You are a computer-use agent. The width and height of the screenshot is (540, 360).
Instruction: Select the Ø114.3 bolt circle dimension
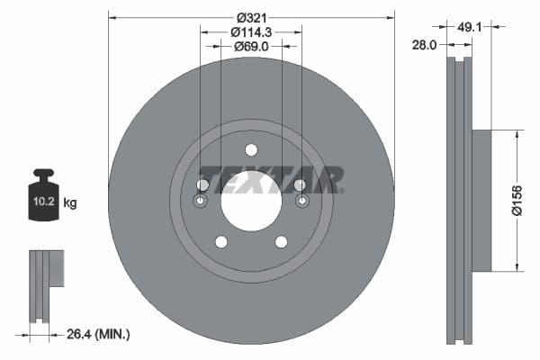pos(251,31)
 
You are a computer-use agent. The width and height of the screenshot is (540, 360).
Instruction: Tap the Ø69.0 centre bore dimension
pos(251,46)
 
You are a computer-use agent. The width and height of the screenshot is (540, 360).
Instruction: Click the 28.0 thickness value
pos(425,43)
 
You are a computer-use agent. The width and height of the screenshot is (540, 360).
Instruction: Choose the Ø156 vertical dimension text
pos(517,200)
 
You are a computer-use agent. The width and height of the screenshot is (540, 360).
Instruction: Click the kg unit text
pos(70,203)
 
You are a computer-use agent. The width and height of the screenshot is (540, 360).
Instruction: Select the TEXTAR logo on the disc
pos(270,179)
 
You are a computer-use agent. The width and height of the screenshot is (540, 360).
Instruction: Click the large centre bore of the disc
pos(251,199)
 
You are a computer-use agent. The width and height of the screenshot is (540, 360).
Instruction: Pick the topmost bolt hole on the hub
pos(251,150)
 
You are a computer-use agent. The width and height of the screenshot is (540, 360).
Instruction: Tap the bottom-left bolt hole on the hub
pos(220,241)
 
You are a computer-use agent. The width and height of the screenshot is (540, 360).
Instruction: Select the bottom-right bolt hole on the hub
pos(281,241)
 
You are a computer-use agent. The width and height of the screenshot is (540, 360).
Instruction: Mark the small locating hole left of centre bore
pos(201,200)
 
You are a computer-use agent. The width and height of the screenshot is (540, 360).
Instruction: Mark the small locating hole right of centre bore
pos(301,200)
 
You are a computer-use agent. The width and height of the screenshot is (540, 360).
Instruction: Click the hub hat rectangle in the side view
pos(481,200)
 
